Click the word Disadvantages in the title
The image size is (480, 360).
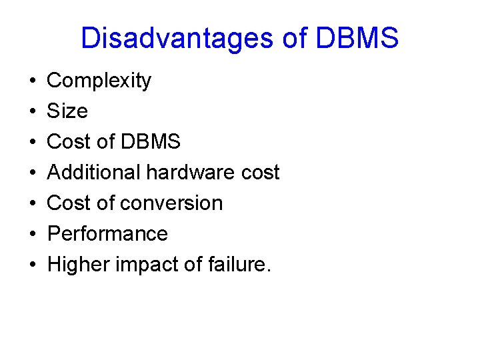(177, 39)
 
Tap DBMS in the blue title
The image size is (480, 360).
(357, 39)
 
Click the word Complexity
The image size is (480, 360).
(99, 81)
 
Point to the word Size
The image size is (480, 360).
(67, 111)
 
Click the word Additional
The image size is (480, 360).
(94, 173)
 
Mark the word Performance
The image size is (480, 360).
(107, 234)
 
